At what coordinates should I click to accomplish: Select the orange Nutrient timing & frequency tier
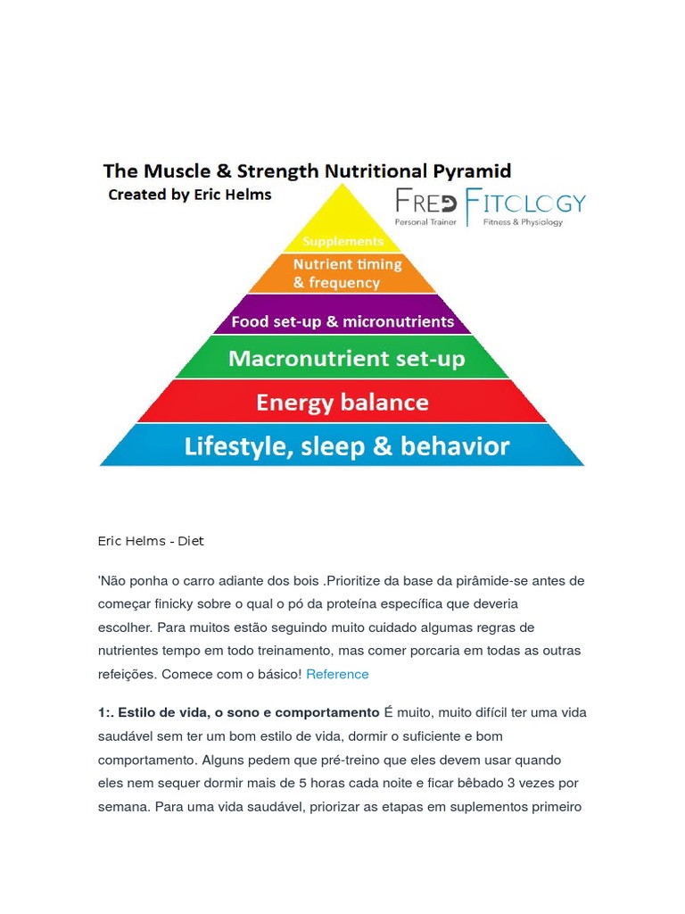tap(342, 274)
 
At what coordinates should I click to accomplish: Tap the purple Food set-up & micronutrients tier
tap(342, 321)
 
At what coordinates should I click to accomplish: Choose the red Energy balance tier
tap(342, 403)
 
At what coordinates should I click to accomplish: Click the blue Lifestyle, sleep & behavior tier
tap(346, 445)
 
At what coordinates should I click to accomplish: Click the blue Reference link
tap(337, 674)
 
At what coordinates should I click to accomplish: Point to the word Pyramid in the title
tap(465, 170)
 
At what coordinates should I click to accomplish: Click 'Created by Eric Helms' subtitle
tap(189, 195)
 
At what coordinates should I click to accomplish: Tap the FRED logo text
tap(426, 202)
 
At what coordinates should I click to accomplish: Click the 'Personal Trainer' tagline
tap(425, 221)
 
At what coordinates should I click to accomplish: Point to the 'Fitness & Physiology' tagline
tap(523, 221)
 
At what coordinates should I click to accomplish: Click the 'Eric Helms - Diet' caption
tap(151, 541)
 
